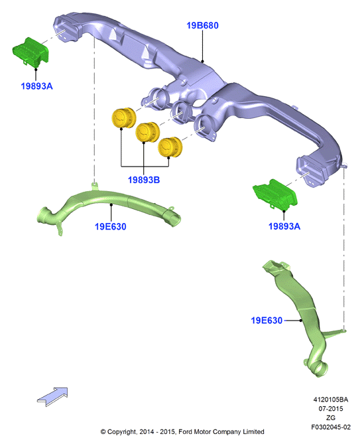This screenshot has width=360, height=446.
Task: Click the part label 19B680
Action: tap(202, 25)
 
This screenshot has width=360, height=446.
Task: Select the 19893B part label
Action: tap(144, 180)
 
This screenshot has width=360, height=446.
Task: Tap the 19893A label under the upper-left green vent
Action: tap(37, 86)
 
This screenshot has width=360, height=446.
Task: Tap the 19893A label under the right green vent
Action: tap(284, 226)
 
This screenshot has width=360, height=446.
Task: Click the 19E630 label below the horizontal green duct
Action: tap(111, 226)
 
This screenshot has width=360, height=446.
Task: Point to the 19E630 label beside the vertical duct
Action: tap(267, 321)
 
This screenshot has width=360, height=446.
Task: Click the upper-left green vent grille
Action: tap(30, 52)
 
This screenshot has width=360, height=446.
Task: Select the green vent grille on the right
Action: tap(274, 195)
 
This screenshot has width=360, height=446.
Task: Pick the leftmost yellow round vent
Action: tap(124, 117)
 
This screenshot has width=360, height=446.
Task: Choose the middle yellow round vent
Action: tap(147, 132)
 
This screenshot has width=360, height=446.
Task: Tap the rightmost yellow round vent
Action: tap(170, 147)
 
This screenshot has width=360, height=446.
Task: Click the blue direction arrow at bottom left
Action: tap(53, 396)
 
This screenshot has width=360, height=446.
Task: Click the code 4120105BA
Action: tap(330, 400)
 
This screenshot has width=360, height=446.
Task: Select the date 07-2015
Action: tap(330, 408)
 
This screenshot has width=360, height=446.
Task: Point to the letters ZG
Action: tap(331, 417)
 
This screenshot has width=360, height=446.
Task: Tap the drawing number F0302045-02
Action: tap(331, 427)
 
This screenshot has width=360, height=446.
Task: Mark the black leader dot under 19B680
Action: tap(202, 61)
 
